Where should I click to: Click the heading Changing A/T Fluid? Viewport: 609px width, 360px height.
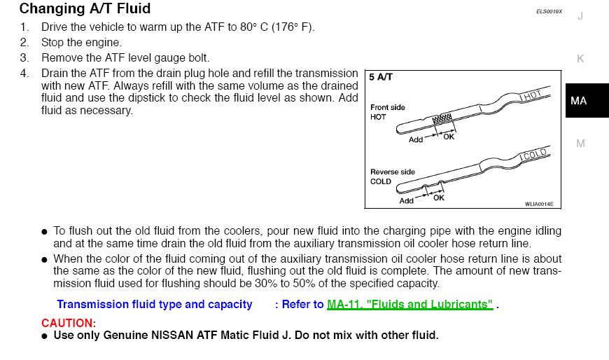click(x=85, y=9)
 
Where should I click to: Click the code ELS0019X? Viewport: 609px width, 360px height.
click(x=549, y=12)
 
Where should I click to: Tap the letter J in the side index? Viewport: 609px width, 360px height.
click(x=580, y=16)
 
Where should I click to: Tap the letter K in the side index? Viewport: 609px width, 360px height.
click(x=580, y=59)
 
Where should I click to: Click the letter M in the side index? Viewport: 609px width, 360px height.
click(x=580, y=144)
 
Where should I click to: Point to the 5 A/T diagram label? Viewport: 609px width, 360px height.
click(x=381, y=77)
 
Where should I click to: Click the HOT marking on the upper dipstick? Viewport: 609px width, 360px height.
click(x=531, y=95)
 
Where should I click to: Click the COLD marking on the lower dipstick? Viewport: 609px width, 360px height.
click(x=534, y=154)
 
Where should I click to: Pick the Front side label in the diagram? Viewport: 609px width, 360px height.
click(x=387, y=107)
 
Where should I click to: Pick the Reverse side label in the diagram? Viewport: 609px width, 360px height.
click(x=392, y=172)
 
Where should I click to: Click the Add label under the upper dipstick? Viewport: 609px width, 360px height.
click(x=416, y=139)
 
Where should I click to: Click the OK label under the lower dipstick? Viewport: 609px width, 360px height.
click(x=439, y=198)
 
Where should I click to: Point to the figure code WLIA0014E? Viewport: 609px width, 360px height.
click(x=539, y=204)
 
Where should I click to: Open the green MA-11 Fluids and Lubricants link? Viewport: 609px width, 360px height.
click(x=409, y=305)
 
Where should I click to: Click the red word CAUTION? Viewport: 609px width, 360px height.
click(x=68, y=323)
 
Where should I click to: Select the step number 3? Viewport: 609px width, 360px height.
click(x=24, y=58)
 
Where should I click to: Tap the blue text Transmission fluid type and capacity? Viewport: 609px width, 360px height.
click(x=154, y=305)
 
